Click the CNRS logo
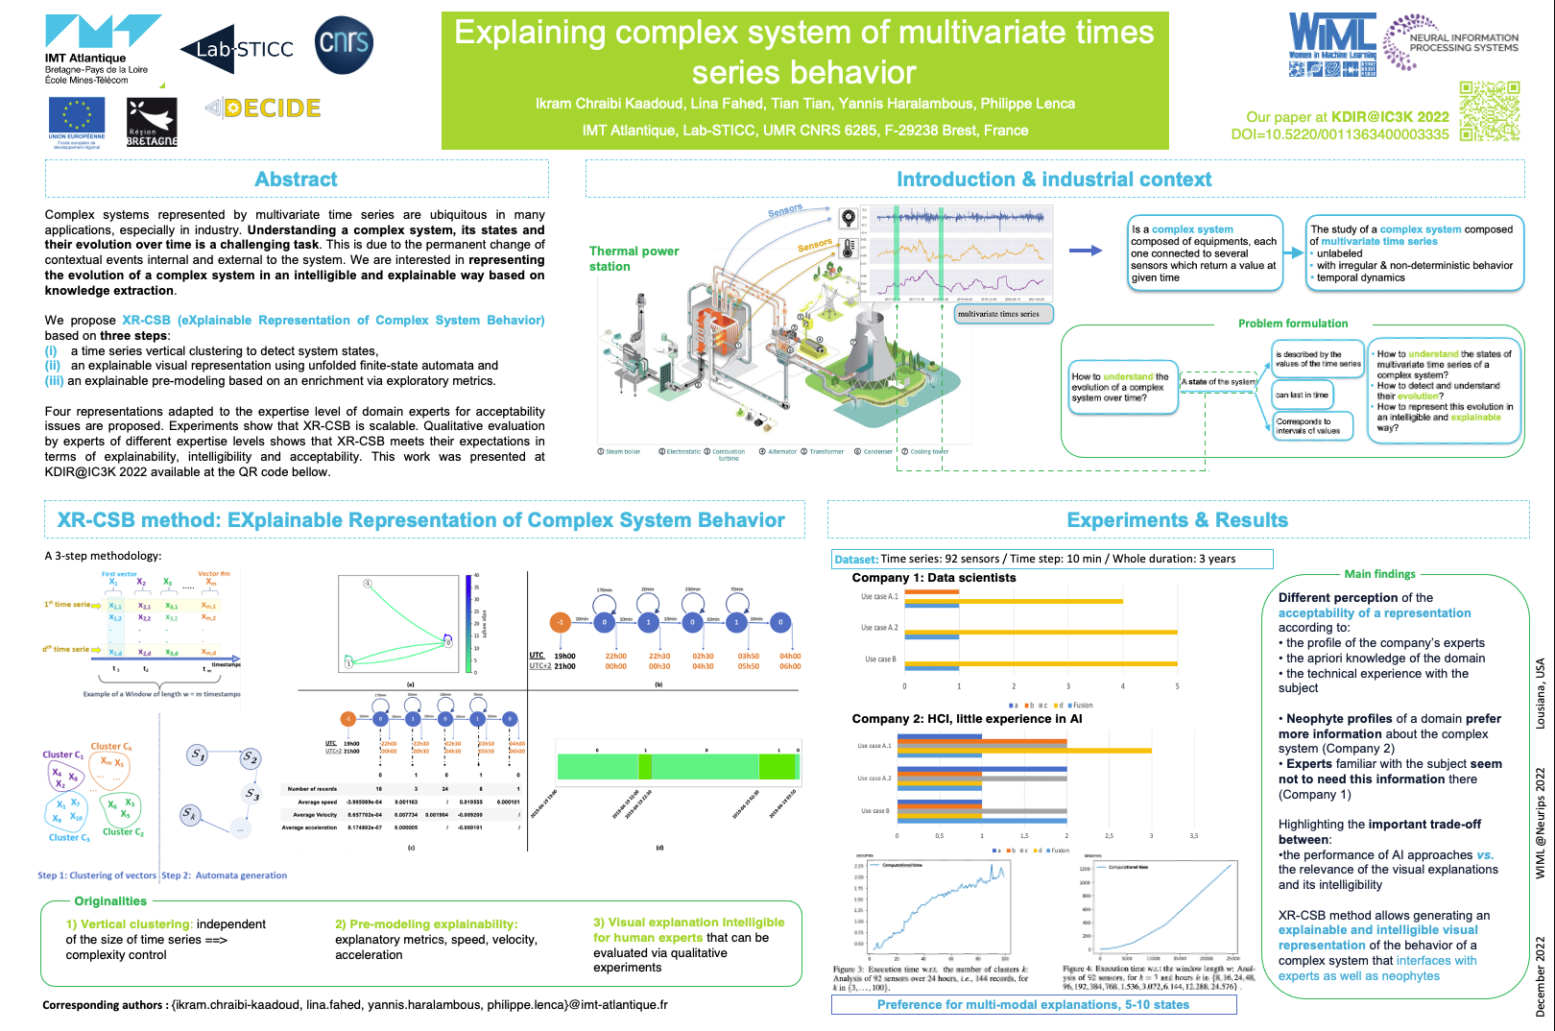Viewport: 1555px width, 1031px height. coord(344,44)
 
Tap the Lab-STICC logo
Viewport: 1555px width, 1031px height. coord(237,49)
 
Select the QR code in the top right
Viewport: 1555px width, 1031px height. coord(1490,110)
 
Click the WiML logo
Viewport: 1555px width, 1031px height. coord(1332,43)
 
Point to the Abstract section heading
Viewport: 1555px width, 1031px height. coord(297,180)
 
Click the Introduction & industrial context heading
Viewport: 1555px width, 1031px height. coord(1054,180)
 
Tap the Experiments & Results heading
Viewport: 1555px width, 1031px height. coord(1177,520)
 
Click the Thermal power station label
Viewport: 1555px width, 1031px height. coord(634,258)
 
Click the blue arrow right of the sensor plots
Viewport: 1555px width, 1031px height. coord(1085,251)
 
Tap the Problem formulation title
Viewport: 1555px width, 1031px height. coord(1292,324)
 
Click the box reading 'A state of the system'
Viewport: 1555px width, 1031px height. coord(1218,382)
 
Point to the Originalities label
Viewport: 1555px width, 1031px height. coord(110,901)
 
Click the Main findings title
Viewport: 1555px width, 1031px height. coord(1379,574)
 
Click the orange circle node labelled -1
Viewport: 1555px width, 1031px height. coord(560,622)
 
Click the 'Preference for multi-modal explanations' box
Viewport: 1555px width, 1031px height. coord(1033,1005)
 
